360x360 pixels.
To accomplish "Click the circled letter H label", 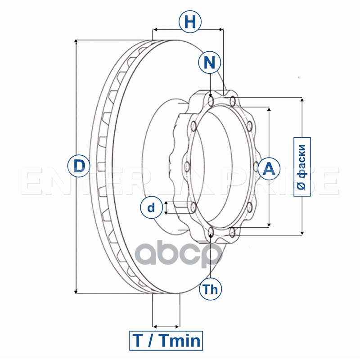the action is point(190,22).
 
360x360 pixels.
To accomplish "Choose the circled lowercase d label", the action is point(151,207).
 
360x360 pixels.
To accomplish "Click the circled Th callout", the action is point(210,289).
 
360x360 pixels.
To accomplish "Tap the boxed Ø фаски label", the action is point(302,166).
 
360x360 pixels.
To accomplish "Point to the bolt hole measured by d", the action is point(193,207).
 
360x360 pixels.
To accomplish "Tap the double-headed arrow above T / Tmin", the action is point(166,326).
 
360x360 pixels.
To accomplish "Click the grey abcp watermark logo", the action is point(179,254).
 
